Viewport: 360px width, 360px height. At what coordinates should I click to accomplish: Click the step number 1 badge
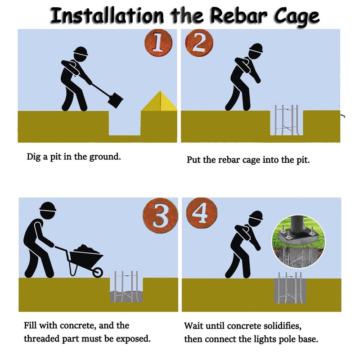click(158, 43)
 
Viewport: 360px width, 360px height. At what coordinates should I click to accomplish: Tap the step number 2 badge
click(199, 43)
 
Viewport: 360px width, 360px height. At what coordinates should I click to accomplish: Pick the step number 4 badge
click(202, 213)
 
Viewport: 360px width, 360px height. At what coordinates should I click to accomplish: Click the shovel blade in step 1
click(115, 100)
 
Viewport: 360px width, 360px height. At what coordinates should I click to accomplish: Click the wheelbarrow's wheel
click(97, 272)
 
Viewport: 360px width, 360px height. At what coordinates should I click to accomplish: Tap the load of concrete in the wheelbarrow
click(85, 249)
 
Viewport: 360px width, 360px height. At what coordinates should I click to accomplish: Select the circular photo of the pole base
click(298, 241)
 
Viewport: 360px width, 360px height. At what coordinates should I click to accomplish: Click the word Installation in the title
click(107, 16)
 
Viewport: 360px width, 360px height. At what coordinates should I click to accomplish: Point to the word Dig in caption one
click(34, 157)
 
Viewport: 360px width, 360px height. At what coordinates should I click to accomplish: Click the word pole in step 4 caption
click(288, 340)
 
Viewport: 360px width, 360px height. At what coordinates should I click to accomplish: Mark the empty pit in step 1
click(125, 123)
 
